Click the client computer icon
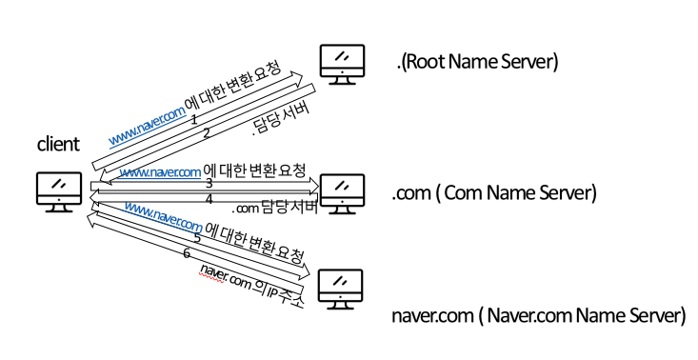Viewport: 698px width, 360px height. coord(59,189)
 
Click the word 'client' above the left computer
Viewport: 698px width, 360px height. coord(58,145)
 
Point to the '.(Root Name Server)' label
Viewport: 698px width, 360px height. coord(476,63)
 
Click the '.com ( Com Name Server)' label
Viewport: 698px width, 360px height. coord(493,193)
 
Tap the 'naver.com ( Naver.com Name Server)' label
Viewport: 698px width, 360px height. coord(538,314)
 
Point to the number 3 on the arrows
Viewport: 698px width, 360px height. coord(208,182)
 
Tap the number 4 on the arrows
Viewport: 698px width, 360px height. coord(209,198)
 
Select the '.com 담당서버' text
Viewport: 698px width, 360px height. coord(275,208)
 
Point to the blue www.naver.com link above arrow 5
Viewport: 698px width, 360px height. coord(163,216)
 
